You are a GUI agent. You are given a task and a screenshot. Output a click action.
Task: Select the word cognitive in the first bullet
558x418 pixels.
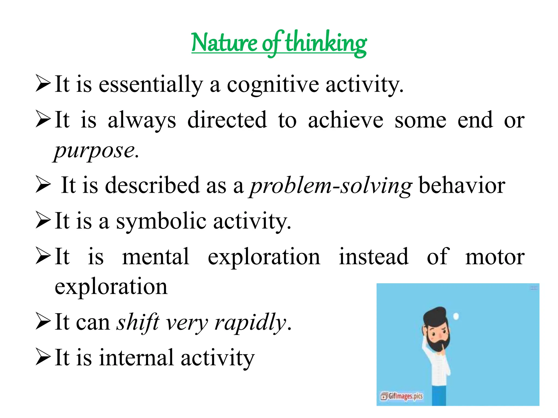click(x=272, y=85)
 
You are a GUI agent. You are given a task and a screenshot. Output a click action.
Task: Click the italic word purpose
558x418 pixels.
click(x=96, y=151)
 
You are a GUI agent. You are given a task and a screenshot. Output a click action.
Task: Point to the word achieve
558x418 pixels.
click(x=345, y=120)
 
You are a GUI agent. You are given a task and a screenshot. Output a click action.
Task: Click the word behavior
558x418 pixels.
click(x=462, y=186)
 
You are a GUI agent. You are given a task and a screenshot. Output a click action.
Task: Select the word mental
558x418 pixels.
click(x=156, y=257)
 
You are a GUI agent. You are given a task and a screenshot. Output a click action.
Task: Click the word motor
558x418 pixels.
click(x=495, y=257)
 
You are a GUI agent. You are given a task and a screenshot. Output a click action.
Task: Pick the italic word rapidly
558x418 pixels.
click(x=250, y=322)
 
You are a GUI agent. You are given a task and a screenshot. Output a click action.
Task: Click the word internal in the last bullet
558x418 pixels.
click(x=136, y=358)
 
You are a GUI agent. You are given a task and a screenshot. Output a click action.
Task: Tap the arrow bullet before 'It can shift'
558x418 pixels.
click(x=43, y=322)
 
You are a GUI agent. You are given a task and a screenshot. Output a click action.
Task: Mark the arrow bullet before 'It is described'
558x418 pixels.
click(x=43, y=185)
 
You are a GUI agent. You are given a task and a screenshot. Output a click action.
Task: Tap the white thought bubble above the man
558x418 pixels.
click(x=456, y=316)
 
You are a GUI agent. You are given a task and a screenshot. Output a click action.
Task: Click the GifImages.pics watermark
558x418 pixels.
click(x=402, y=396)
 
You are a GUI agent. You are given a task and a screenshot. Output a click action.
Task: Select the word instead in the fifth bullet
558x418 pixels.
click(x=373, y=257)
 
